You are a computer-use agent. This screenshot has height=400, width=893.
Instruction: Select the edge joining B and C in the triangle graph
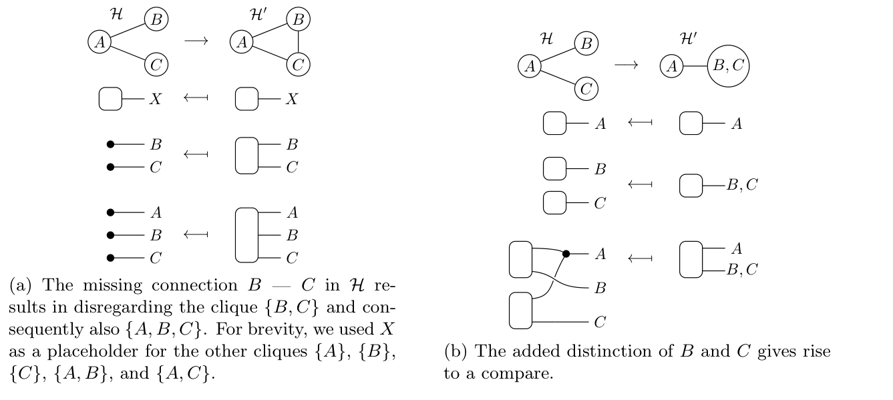298,42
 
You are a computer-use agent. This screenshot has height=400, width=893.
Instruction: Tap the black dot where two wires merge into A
566,254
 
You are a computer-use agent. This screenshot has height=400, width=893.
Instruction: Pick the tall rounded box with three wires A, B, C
246,235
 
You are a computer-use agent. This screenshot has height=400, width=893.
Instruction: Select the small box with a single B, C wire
691,185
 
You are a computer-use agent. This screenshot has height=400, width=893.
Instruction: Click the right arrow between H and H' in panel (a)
196,41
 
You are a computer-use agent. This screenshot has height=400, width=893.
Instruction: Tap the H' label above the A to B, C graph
689,40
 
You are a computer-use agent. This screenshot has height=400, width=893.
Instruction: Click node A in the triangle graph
242,42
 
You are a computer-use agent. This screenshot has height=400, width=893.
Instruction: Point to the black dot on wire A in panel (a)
111,213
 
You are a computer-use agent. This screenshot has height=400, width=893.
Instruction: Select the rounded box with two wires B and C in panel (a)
246,156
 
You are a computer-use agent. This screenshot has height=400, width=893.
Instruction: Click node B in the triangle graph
298,19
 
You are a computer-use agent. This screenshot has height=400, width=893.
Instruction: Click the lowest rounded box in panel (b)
520,311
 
